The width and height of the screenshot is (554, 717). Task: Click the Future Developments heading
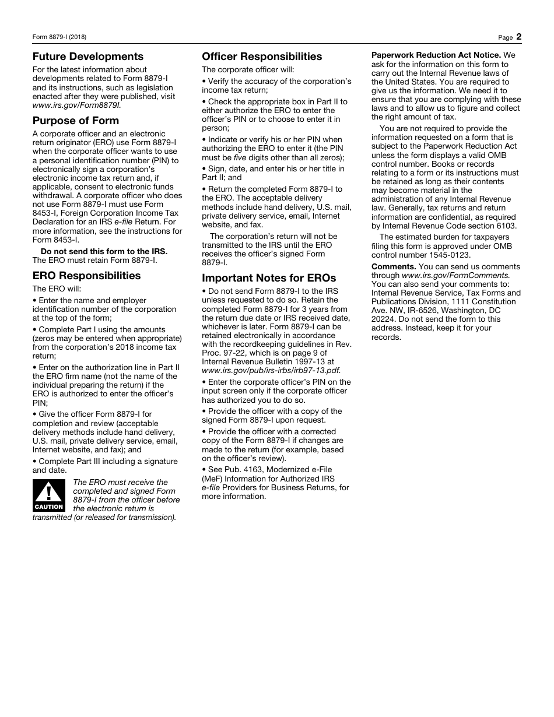pos(87,57)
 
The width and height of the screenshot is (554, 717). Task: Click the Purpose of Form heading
pos(75,121)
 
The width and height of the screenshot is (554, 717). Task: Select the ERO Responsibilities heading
pos(86,276)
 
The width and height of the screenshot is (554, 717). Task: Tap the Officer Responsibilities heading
pos(261,57)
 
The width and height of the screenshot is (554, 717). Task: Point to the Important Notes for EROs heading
pos(269,278)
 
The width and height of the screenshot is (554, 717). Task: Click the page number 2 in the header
pos(518,37)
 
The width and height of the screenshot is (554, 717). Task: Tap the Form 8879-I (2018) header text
pos(59,37)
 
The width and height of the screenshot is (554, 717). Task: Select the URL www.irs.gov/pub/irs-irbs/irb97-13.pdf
pos(271,370)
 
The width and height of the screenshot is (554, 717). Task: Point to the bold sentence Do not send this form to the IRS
pos(104,251)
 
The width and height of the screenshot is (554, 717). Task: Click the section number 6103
pos(504,226)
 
